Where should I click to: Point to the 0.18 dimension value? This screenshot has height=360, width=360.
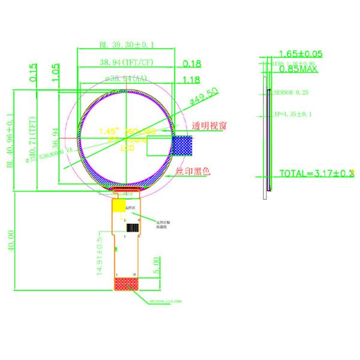(x=191, y=63)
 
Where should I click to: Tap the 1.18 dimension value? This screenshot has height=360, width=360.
(x=191, y=79)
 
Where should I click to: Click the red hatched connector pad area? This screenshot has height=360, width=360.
(x=125, y=284)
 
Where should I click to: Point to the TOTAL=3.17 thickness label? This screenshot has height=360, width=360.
(x=316, y=174)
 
